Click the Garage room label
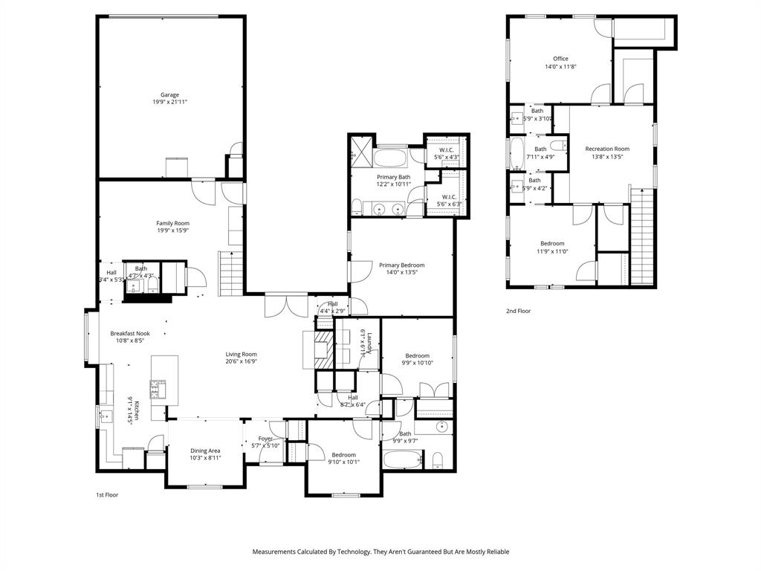(x=169, y=94)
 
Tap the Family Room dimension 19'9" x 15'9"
(x=172, y=230)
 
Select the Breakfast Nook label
(x=130, y=333)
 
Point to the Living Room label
(x=242, y=354)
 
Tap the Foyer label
(x=265, y=439)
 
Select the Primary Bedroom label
(x=401, y=265)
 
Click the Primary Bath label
(x=393, y=177)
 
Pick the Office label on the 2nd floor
(x=560, y=59)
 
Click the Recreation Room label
(x=606, y=149)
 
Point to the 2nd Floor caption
(x=519, y=312)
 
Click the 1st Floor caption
(x=107, y=494)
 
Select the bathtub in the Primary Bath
(x=389, y=158)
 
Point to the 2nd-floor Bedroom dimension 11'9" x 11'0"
(x=552, y=251)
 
